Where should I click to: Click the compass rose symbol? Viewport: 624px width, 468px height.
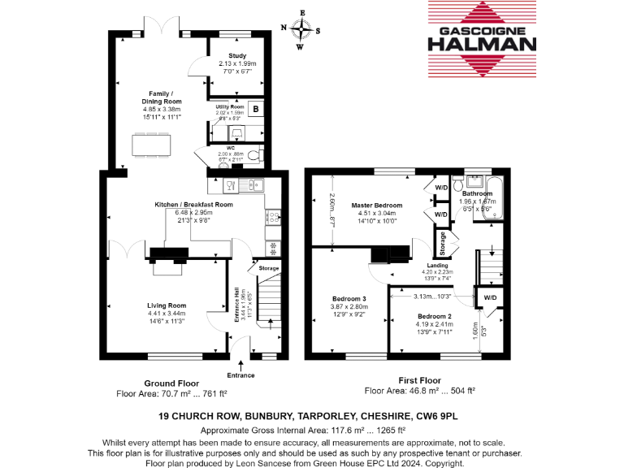click(x=301, y=30)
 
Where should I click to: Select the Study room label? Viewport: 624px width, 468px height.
click(x=236, y=56)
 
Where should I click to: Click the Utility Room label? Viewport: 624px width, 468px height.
click(x=230, y=106)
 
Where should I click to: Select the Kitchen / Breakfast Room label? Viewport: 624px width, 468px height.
click(x=194, y=205)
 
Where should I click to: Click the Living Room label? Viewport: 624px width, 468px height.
click(x=166, y=305)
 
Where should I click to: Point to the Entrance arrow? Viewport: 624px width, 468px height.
click(x=240, y=365)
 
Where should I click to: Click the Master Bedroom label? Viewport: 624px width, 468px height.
click(x=372, y=206)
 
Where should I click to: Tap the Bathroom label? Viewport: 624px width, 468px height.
click(x=477, y=194)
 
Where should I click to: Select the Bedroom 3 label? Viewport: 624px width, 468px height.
click(x=349, y=299)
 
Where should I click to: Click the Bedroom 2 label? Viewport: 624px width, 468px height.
click(x=434, y=316)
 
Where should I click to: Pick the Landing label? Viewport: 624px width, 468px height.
click(x=436, y=266)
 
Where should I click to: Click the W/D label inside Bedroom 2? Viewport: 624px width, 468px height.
click(x=491, y=297)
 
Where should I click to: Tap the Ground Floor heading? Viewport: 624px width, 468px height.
click(x=171, y=383)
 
